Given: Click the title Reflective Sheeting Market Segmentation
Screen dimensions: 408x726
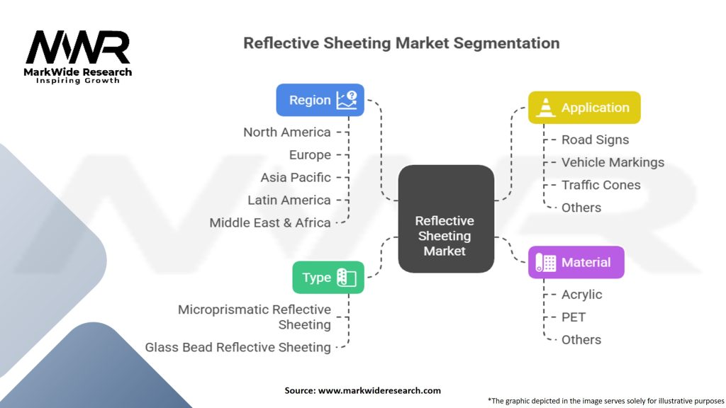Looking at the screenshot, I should coord(401,42).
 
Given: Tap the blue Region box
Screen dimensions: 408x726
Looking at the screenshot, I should coord(320,100).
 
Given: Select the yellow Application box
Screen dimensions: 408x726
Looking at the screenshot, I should coord(584,108).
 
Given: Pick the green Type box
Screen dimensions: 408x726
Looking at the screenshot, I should coord(328,277).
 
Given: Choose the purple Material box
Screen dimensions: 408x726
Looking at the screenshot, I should coord(576,262).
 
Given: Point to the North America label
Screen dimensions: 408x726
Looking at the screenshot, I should coord(286,132).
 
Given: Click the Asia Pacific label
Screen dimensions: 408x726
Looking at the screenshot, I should coord(295,177).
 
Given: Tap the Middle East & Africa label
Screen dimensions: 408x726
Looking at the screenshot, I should coord(270,222).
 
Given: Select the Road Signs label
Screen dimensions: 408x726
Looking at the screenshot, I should coord(595,140).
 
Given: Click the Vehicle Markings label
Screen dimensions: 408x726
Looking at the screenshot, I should coord(613,162).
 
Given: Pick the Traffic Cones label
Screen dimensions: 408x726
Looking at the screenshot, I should coord(601,185).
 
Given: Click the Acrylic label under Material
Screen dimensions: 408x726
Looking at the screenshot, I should coord(581,294).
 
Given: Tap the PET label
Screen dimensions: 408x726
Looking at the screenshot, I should coord(574,317).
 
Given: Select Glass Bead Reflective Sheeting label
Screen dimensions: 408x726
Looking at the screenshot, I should coord(238,347).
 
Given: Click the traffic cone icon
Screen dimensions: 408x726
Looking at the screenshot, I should coord(544,108).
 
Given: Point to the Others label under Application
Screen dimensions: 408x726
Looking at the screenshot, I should coord(581,208).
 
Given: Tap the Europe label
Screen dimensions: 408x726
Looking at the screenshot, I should coord(310,155).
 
